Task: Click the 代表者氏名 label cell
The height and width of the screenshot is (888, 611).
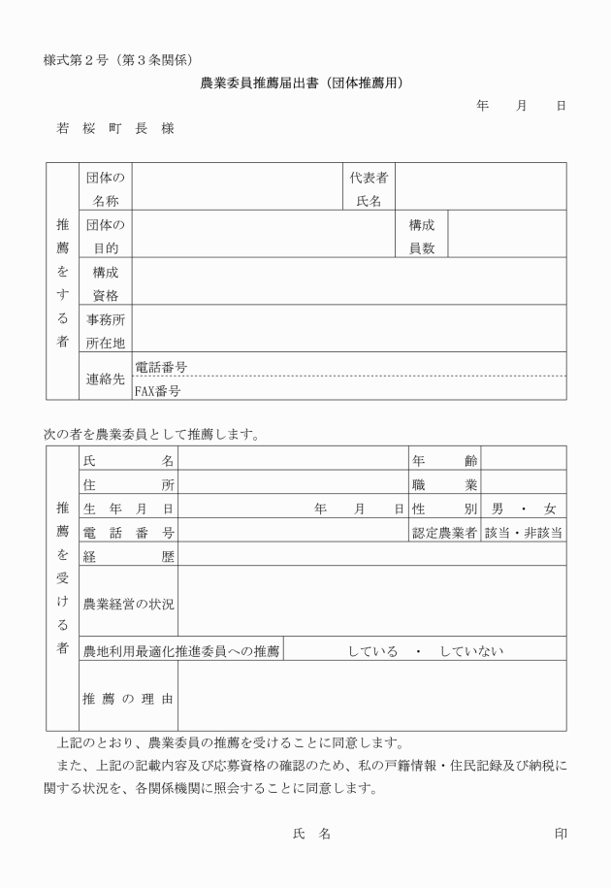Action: [369, 188]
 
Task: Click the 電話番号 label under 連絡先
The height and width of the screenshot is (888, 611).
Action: [161, 367]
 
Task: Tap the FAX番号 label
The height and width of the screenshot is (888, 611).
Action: [158, 391]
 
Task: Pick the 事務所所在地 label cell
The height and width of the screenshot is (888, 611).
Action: [106, 331]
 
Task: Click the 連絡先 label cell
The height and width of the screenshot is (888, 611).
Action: [106, 379]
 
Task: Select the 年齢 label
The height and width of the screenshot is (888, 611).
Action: [444, 462]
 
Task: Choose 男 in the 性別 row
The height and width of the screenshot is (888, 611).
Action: [498, 509]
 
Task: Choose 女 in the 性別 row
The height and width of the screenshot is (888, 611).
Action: [550, 509]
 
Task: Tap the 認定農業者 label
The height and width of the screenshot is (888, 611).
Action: [444, 532]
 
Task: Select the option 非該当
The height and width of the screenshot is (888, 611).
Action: [543, 532]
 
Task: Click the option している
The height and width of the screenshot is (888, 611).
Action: [372, 650]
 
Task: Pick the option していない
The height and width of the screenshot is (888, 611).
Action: [471, 650]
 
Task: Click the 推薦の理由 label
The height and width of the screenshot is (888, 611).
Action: [129, 698]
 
